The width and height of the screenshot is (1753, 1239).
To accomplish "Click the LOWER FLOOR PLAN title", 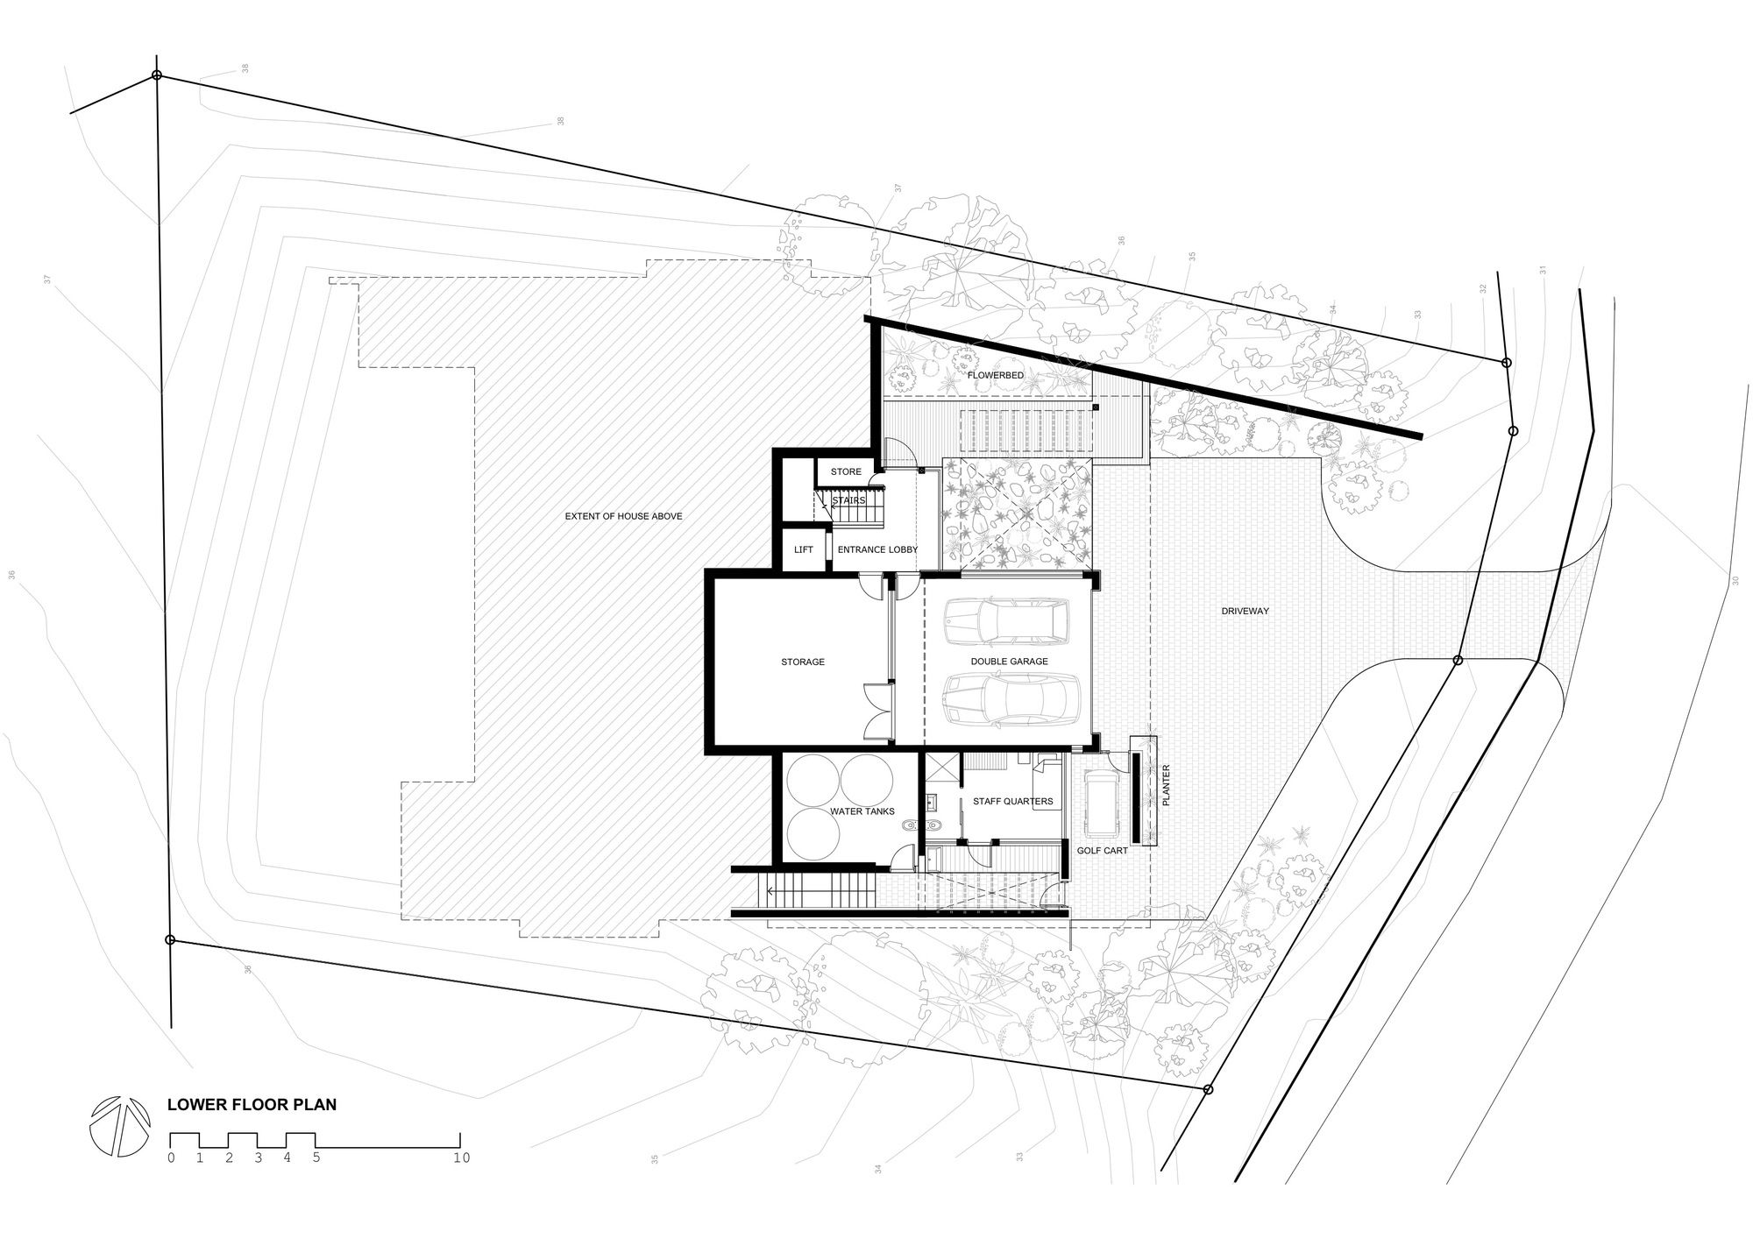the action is tap(252, 1105).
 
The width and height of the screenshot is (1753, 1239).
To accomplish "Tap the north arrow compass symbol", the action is tap(120, 1126).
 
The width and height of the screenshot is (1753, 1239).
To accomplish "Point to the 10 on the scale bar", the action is tap(462, 1158).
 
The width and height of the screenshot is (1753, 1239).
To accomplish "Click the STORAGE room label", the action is tap(803, 662).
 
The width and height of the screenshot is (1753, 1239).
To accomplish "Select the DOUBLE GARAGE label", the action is tap(1009, 662).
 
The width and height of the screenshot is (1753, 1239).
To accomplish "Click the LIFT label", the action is tap(804, 549).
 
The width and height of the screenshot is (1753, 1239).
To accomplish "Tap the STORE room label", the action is tap(846, 471).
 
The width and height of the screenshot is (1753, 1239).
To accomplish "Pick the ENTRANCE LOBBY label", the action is tap(877, 549).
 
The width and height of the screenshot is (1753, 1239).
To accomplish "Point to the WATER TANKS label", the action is tap(862, 811).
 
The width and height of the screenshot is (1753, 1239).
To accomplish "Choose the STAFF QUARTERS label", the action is tap(1012, 801).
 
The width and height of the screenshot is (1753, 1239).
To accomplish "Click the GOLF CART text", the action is tap(1103, 850).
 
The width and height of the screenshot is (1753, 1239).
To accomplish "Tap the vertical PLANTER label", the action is tap(1166, 785).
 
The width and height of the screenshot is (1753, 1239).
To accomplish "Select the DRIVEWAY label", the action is tap(1246, 611).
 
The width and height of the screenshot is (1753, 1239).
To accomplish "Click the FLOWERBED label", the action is tap(995, 375).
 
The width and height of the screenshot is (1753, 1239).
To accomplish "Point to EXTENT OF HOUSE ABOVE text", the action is tap(623, 516).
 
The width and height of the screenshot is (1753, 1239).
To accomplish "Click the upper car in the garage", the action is tap(1006, 622).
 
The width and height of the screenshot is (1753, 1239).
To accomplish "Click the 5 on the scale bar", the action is tap(316, 1158).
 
